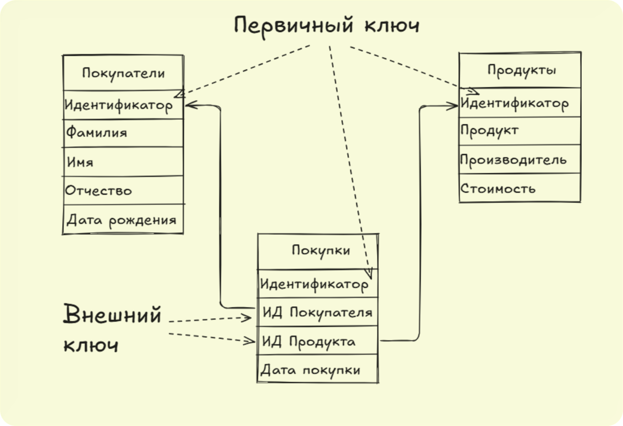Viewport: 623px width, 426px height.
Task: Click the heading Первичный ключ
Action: point(327,26)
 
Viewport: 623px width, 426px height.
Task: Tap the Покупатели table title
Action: point(123,74)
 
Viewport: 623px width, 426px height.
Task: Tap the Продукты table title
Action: point(521,70)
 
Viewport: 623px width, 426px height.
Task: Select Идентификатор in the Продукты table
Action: point(515,103)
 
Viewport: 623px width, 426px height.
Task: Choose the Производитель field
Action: point(513,160)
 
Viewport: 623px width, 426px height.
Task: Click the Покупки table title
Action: point(321,250)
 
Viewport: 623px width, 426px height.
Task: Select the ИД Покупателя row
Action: point(317,313)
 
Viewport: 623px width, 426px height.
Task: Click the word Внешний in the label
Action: point(113,315)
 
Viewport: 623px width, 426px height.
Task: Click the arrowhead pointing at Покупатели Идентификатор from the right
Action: point(188,105)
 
